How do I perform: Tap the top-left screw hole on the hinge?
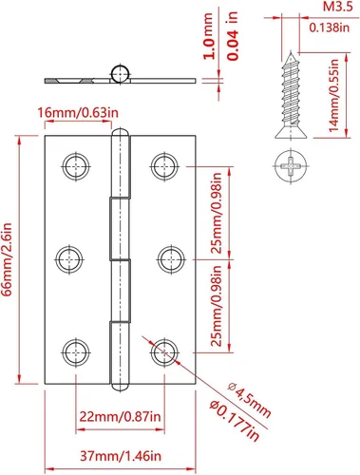point(74,165)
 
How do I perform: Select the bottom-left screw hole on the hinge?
point(73,349)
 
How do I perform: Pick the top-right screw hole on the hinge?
point(164,165)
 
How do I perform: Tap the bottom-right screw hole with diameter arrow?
point(164,349)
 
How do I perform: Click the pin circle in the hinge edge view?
point(119,74)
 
